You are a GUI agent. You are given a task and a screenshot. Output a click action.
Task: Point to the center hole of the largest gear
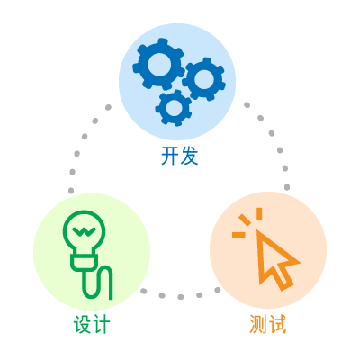click(159, 65)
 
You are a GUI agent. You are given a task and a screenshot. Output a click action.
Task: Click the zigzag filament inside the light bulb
click(85, 230)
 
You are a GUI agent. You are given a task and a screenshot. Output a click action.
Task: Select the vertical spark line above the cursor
click(259, 214)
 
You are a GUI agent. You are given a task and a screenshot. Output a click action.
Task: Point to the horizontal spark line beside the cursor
click(238, 234)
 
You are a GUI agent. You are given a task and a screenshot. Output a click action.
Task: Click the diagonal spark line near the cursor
click(245, 220)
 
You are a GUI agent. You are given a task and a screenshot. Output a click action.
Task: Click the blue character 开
click(170, 156)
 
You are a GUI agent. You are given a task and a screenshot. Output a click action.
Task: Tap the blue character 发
click(190, 156)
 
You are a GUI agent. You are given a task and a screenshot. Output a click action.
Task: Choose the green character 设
click(82, 324)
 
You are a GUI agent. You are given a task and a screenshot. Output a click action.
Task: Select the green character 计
click(102, 324)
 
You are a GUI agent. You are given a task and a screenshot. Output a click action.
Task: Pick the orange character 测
click(258, 324)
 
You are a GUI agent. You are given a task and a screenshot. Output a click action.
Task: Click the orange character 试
click(277, 324)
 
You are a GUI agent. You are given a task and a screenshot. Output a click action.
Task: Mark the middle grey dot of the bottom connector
click(181, 297)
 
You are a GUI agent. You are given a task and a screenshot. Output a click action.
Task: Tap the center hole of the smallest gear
click(174, 108)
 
